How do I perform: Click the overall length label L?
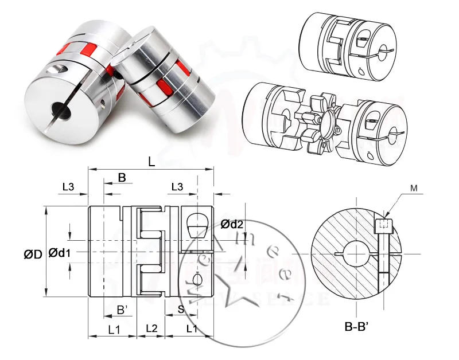151,162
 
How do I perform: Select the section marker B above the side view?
122,178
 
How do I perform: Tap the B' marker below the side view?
123,310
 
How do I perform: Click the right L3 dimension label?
178,186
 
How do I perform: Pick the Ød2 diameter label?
232,224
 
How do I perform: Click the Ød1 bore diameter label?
60,252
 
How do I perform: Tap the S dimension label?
181,310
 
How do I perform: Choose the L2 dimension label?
151,328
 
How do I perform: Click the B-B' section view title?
360,328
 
